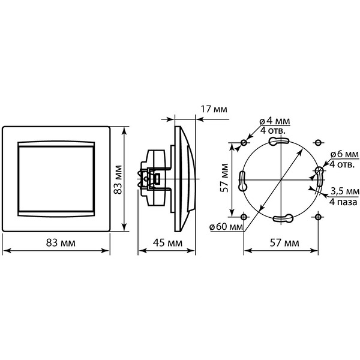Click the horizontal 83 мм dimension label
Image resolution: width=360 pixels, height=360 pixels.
pos(61,242)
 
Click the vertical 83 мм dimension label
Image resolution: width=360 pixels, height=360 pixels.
pos(118,179)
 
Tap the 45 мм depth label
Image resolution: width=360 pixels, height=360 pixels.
pos(167,242)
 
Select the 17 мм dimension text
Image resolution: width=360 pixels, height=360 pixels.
pos(214,109)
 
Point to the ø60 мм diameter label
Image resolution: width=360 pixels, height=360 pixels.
pos(226,227)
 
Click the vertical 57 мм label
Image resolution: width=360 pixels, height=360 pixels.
pos(224,178)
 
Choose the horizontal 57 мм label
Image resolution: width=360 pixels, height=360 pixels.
pos(284,242)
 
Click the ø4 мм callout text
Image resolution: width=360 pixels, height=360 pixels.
pos(275,121)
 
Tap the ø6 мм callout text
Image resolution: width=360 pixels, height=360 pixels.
pos(344,154)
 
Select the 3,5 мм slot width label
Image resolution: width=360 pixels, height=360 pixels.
pos(345,191)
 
